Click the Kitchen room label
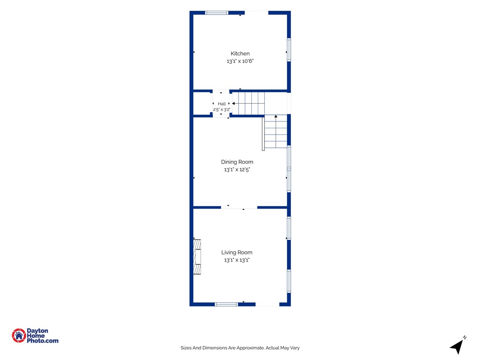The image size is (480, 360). pyautogui.click(x=240, y=53)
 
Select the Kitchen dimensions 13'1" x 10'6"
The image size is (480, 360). pyautogui.click(x=240, y=61)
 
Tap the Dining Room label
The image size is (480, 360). pyautogui.click(x=237, y=162)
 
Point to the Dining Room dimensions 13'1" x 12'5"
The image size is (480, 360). pyautogui.click(x=237, y=170)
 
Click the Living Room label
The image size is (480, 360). pyautogui.click(x=237, y=253)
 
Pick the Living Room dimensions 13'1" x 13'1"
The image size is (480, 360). pyautogui.click(x=237, y=260)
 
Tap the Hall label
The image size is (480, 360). pyautogui.click(x=222, y=104)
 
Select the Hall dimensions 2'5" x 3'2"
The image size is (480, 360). pyautogui.click(x=222, y=110)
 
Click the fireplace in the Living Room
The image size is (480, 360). pyautogui.click(x=197, y=257)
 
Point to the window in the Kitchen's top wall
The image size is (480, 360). pyautogui.click(x=217, y=13)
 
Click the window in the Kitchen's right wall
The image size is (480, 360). pyautogui.click(x=289, y=50)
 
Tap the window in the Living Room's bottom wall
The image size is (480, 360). pyautogui.click(x=226, y=304)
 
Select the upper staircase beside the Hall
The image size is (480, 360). pyautogui.click(x=248, y=104)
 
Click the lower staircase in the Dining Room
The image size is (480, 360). pyautogui.click(x=276, y=131)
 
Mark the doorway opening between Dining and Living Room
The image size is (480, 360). pyautogui.click(x=239, y=208)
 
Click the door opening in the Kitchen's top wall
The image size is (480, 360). pyautogui.click(x=256, y=13)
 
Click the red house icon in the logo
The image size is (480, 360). pyautogui.click(x=19, y=336)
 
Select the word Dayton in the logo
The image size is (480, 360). pyautogui.click(x=37, y=331)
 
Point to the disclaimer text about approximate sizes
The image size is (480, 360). pyautogui.click(x=240, y=348)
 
